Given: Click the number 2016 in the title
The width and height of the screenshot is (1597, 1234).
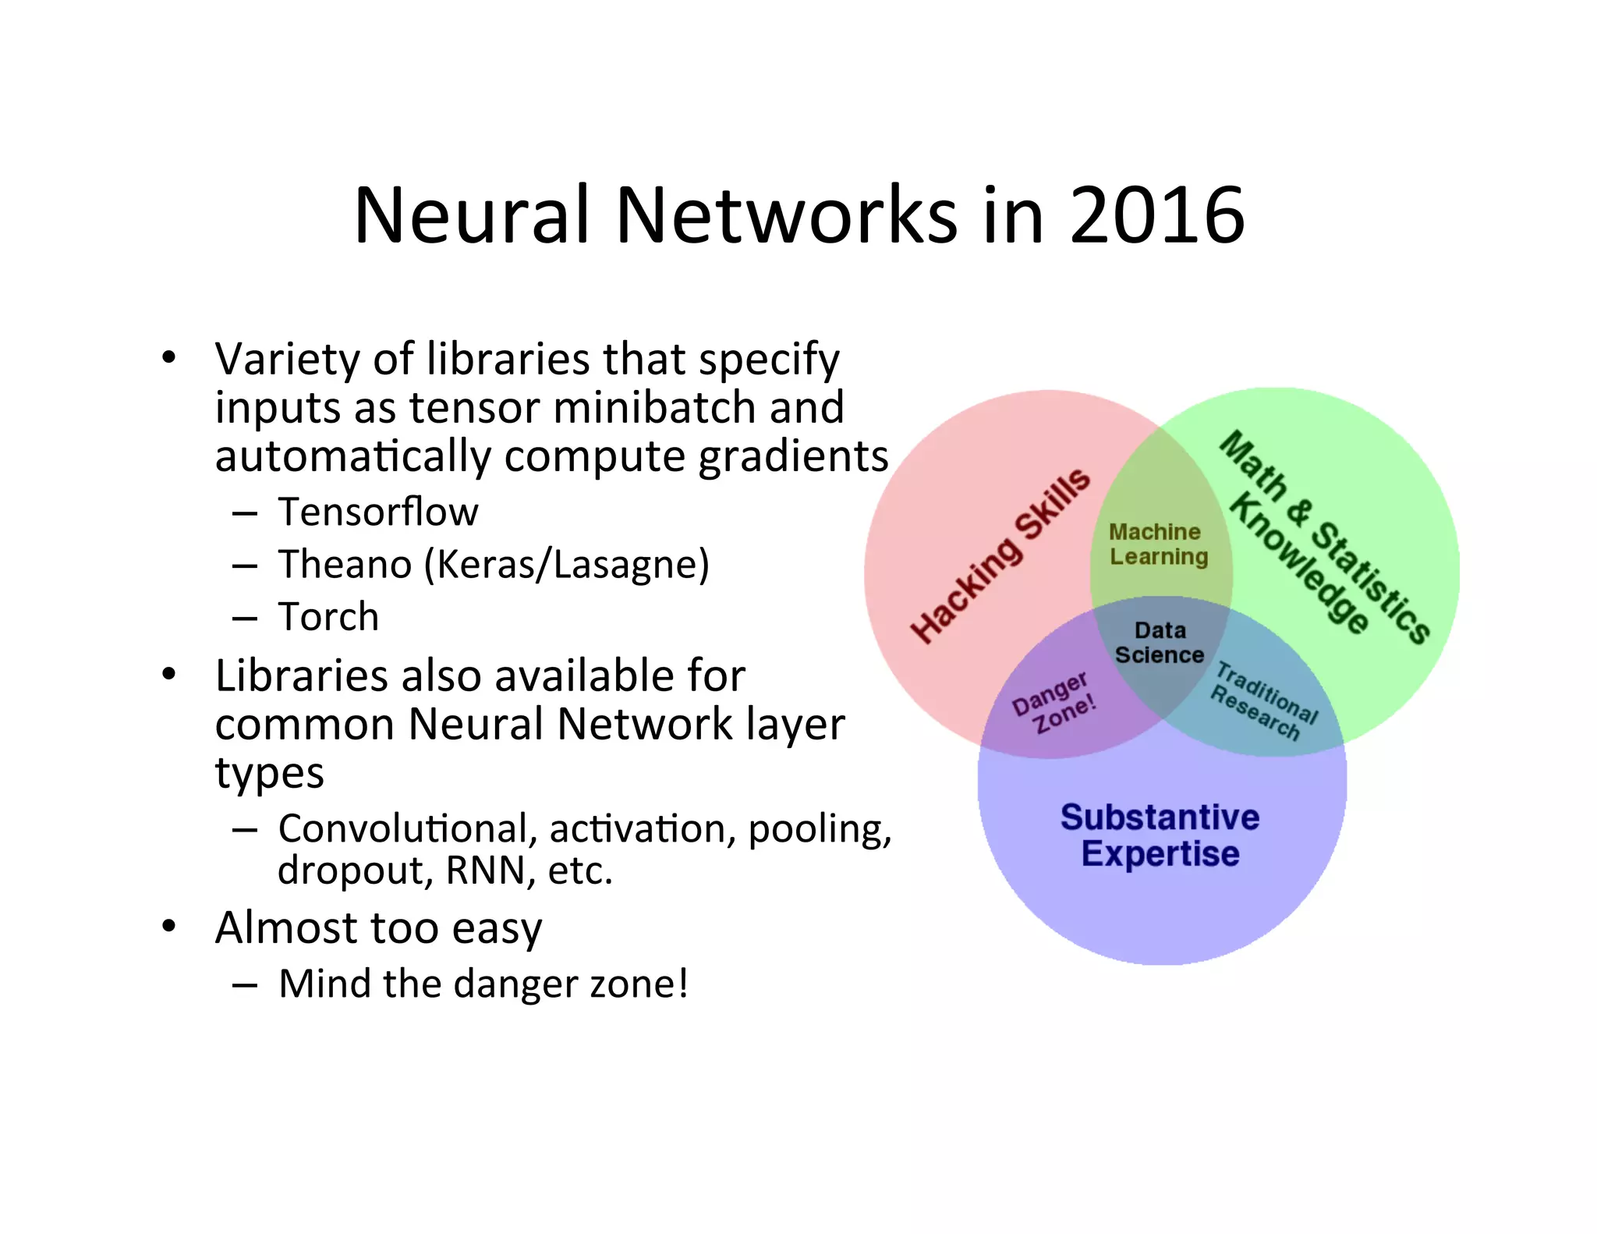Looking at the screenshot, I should click(x=1157, y=215).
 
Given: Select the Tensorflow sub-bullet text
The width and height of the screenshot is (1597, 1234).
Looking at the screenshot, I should click(x=378, y=512).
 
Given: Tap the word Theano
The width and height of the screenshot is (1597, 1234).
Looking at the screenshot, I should click(x=345, y=564).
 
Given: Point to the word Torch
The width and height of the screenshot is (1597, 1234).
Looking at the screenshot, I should click(x=328, y=617).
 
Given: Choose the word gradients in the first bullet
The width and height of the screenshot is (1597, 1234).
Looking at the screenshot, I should click(x=793, y=457).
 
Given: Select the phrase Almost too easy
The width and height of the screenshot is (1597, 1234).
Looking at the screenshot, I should click(x=378, y=928).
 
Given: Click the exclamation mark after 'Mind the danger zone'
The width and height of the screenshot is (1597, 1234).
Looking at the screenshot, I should click(x=683, y=983).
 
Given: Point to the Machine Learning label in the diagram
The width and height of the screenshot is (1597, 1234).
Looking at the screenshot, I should click(x=1159, y=544).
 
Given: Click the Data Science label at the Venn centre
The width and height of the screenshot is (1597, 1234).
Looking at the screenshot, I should click(x=1160, y=643).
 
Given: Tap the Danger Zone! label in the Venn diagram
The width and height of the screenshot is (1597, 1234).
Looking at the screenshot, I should click(x=1054, y=703).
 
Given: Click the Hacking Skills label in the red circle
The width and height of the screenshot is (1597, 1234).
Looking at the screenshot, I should click(x=1000, y=556).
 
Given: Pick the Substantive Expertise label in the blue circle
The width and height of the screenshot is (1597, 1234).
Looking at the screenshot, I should click(x=1160, y=835).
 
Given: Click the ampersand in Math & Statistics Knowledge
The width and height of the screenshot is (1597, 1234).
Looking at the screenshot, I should click(x=1297, y=511).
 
